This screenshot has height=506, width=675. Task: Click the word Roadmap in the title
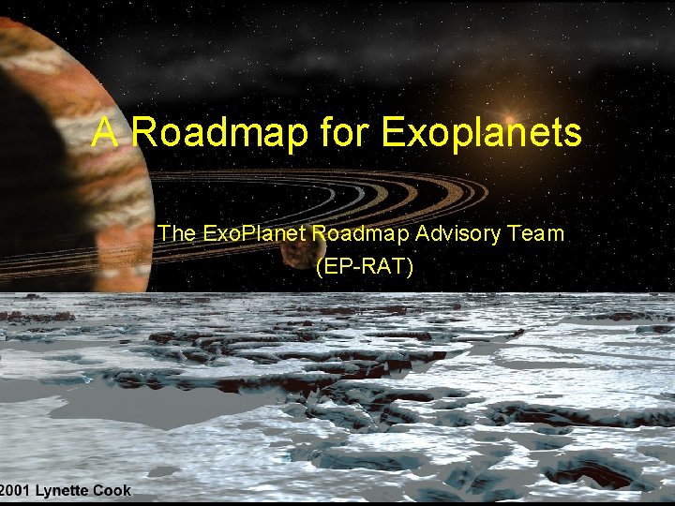point(219,133)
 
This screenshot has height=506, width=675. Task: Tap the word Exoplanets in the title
point(481,133)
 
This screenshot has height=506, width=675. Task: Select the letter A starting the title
point(105,133)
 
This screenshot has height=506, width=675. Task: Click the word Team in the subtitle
point(538,232)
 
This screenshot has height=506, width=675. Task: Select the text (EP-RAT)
point(364,266)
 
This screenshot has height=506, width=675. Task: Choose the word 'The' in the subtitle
point(175,232)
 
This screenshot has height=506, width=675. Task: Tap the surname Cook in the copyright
point(112,490)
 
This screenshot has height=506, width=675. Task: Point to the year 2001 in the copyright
point(15,490)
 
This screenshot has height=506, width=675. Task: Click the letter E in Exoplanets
point(392,133)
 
